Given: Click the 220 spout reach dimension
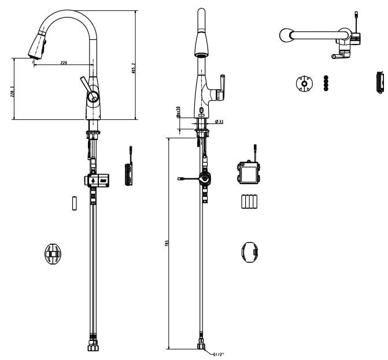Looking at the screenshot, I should click(x=63, y=62).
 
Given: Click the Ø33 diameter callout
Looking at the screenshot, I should click(x=219, y=122).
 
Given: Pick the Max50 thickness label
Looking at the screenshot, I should click(x=179, y=111).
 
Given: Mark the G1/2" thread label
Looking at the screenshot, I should click(x=219, y=354).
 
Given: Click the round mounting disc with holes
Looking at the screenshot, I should click(x=303, y=83).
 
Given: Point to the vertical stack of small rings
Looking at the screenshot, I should click(x=326, y=83).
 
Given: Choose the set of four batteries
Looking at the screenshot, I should click(x=249, y=202).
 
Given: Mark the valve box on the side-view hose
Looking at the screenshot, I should click(x=97, y=180).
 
